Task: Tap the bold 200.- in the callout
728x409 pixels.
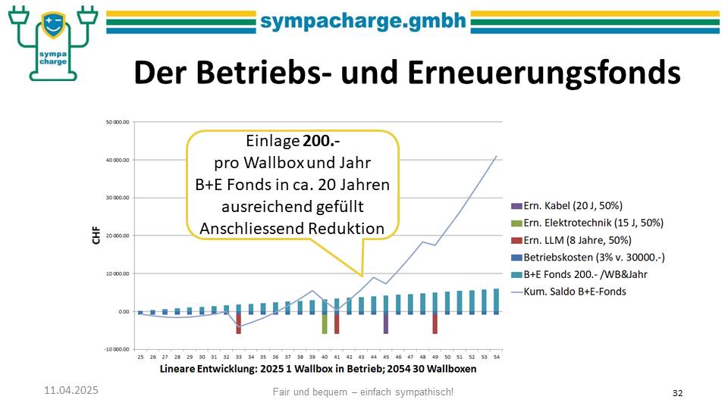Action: tap(318, 142)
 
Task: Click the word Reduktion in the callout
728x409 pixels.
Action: tap(345, 228)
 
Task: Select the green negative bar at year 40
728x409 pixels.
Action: tap(325, 323)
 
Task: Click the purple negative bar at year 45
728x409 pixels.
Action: tap(386, 323)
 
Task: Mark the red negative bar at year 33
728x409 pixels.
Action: tap(238, 323)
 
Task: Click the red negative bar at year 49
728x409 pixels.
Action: tap(435, 323)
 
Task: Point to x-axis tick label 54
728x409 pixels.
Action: tap(496, 357)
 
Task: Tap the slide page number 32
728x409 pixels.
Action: tap(678, 392)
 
